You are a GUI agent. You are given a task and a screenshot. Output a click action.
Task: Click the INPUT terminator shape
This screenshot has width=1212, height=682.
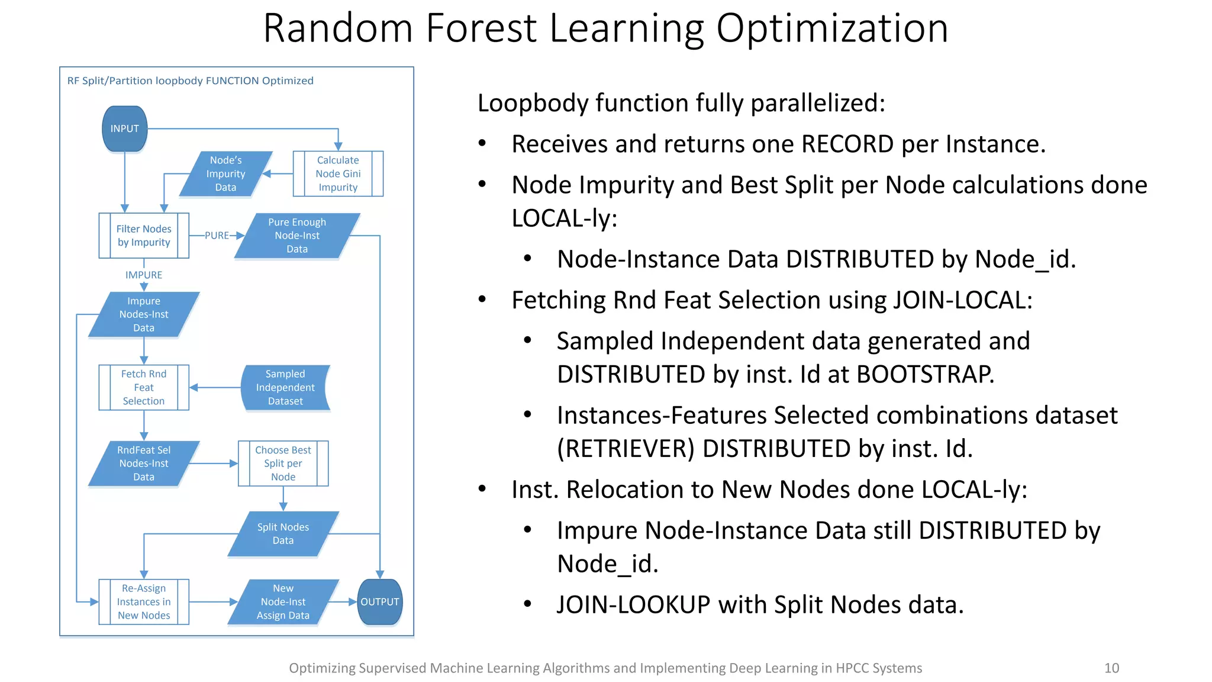tap(124, 128)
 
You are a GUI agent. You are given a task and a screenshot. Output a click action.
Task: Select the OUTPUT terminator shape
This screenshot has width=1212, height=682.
tap(380, 601)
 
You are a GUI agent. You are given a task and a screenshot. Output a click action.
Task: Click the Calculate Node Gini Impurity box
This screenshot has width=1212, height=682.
tap(338, 173)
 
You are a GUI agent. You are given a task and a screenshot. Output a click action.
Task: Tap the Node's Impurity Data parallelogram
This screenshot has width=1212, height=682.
tap(225, 173)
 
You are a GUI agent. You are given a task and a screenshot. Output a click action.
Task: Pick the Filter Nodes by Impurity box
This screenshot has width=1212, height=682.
tap(144, 236)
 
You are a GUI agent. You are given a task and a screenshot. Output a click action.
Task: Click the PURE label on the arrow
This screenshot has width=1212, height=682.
tap(217, 235)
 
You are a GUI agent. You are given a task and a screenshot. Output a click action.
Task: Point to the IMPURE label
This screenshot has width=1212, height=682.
tap(144, 275)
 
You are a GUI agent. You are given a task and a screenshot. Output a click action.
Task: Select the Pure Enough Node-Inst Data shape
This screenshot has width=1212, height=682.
tap(297, 236)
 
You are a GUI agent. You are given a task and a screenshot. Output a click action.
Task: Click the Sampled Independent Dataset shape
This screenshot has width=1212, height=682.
tap(285, 388)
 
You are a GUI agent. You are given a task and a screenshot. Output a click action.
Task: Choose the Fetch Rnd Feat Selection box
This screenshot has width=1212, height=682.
tap(144, 388)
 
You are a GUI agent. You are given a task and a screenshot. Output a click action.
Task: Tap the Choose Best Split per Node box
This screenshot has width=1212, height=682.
tap(283, 464)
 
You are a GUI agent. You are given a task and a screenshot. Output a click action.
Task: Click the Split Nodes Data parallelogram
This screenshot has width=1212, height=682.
tap(283, 533)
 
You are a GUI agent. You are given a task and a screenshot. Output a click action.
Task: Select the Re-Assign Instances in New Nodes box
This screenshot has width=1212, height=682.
tap(144, 601)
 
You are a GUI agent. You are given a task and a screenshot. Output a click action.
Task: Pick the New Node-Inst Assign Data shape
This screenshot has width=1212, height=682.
tap(283, 601)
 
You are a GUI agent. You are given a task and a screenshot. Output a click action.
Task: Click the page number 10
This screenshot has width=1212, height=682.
tap(1111, 668)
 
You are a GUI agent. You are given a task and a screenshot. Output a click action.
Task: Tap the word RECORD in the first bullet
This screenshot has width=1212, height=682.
tap(847, 144)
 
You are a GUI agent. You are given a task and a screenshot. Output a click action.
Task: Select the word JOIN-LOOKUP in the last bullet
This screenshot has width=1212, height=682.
tap(633, 604)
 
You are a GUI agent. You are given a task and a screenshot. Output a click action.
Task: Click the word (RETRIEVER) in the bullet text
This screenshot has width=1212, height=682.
tap(626, 448)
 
